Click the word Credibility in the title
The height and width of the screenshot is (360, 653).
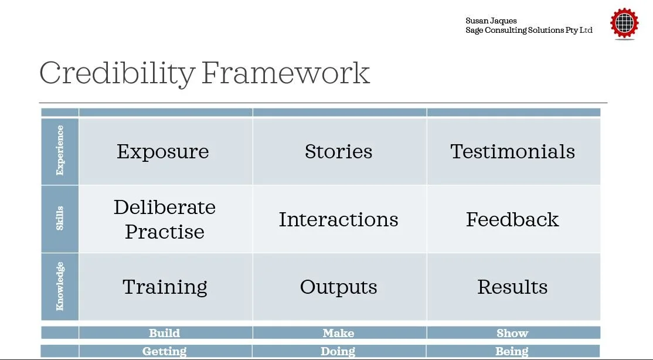click(117, 74)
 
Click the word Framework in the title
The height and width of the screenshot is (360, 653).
click(285, 74)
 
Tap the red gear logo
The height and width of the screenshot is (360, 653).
click(624, 24)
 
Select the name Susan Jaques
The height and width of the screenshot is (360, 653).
click(491, 21)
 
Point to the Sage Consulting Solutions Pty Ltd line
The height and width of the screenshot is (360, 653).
click(529, 30)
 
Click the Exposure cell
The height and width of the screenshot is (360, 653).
click(163, 151)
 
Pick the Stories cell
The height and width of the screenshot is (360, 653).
click(338, 151)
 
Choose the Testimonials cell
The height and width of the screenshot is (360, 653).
click(512, 151)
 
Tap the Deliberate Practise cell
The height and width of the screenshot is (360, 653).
click(165, 219)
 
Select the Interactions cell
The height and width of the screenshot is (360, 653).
click(338, 219)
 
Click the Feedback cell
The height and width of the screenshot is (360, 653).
click(512, 219)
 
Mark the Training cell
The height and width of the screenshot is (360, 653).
click(165, 287)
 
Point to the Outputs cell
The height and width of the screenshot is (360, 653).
click(338, 287)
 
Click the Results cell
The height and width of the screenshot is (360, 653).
click(512, 287)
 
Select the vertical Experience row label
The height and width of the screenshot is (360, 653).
click(60, 151)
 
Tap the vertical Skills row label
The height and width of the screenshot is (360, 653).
click(60, 218)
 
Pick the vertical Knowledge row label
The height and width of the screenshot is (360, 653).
click(60, 286)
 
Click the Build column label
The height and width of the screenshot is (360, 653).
click(164, 333)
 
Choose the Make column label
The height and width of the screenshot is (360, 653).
click(338, 333)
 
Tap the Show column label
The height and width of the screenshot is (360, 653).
click(512, 333)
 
